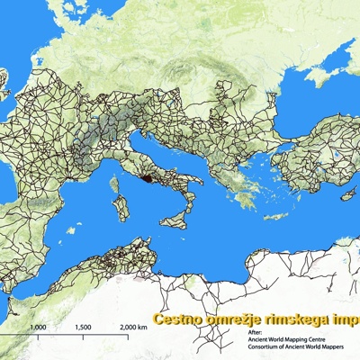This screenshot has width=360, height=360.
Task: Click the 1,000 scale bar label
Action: [39, 328]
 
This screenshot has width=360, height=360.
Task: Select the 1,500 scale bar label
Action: [83, 328]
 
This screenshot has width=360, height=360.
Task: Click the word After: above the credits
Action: [255, 331]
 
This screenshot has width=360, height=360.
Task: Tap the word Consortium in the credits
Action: [266, 348]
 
